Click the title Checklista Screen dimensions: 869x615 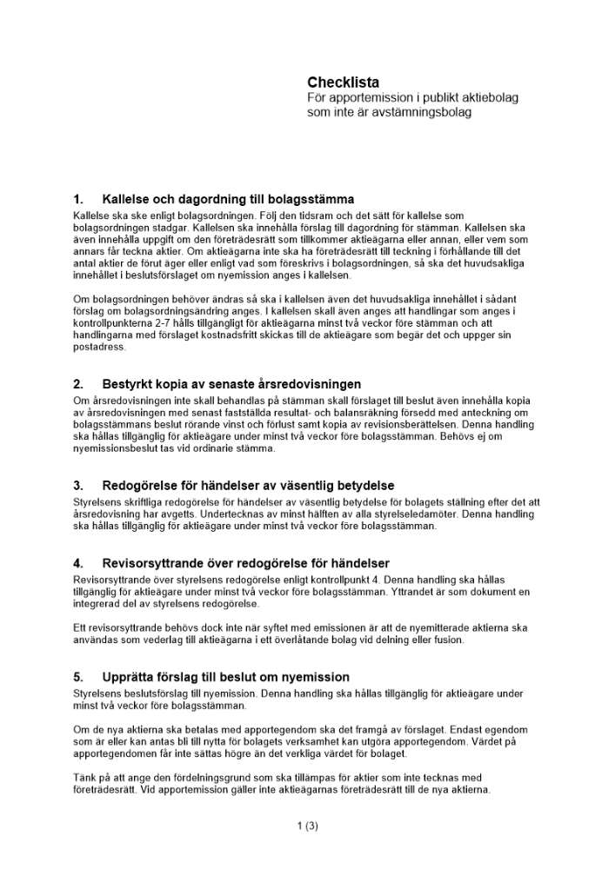343,83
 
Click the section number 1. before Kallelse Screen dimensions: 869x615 78,199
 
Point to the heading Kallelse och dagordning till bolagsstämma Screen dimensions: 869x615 228,199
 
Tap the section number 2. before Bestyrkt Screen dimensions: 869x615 78,384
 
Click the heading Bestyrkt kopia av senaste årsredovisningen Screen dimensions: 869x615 231,384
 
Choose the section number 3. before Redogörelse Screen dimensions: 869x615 78,485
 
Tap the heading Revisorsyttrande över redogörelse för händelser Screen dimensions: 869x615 245,563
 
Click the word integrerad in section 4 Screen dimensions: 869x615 99,604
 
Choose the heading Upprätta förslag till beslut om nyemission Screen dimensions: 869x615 225,677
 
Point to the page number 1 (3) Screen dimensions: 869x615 307,826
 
